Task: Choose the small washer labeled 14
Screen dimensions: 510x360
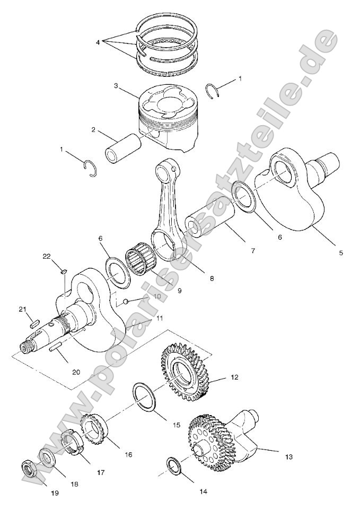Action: [173, 465]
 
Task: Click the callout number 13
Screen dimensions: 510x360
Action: [288, 455]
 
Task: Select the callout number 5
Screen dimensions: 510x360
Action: [341, 253]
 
